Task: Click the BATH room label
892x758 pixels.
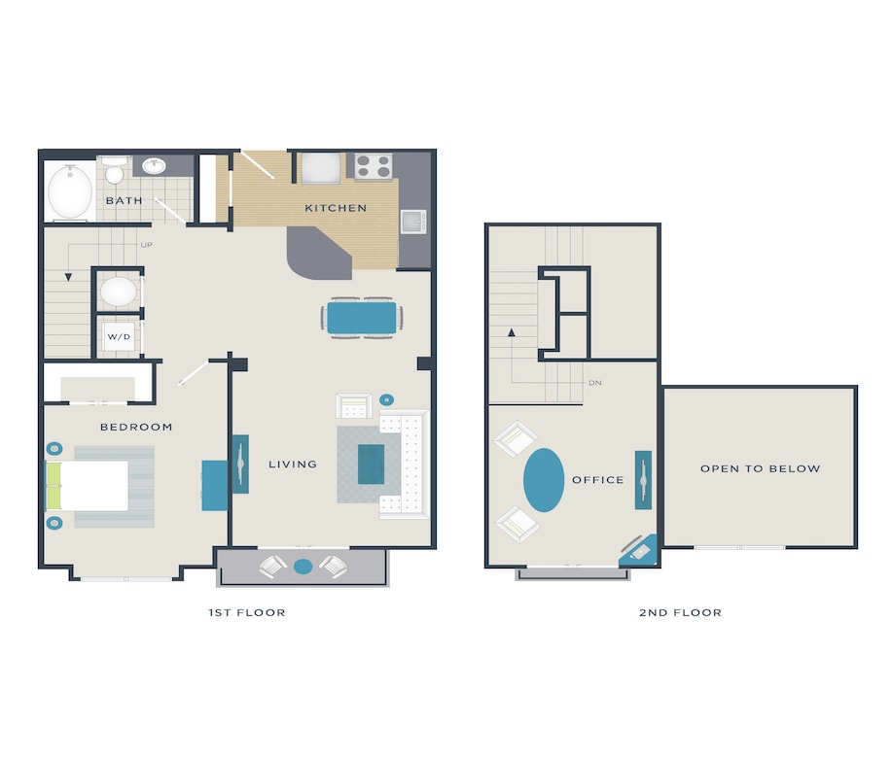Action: click(124, 201)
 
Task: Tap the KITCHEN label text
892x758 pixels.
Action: click(336, 208)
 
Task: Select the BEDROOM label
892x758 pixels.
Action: click(136, 427)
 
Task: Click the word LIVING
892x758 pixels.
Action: click(293, 465)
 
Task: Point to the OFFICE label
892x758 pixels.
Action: click(597, 480)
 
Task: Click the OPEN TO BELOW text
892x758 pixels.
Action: click(760, 468)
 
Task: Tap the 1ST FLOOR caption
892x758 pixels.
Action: click(247, 612)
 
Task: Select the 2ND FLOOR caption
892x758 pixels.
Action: click(680, 612)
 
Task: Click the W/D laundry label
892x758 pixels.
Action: click(118, 337)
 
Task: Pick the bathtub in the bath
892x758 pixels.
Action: click(69, 191)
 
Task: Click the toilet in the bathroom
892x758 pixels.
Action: click(115, 172)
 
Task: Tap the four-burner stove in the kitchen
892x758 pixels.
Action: click(373, 167)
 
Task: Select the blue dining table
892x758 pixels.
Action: click(362, 318)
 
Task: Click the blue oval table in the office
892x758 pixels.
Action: click(544, 479)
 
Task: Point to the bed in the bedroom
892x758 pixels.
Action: click(89, 485)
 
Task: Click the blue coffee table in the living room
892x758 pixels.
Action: click(371, 464)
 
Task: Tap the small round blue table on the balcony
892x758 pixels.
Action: click(303, 566)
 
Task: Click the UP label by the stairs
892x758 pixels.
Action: click(146, 245)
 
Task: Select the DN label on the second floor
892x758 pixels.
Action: click(595, 383)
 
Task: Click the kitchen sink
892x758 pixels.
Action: click(413, 222)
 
